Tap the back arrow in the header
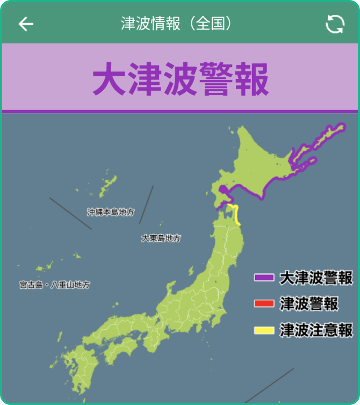pos(26,24)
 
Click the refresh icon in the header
pos(335,24)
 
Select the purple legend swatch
pos(264,278)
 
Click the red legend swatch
pos(264,304)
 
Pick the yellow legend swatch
pos(264,330)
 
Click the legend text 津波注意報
pos(316,330)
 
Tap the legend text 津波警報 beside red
pos(309,304)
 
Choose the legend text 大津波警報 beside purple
pos(316,278)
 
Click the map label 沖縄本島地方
pos(111,212)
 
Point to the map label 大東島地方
pos(161,238)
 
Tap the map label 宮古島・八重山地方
pos(55,285)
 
